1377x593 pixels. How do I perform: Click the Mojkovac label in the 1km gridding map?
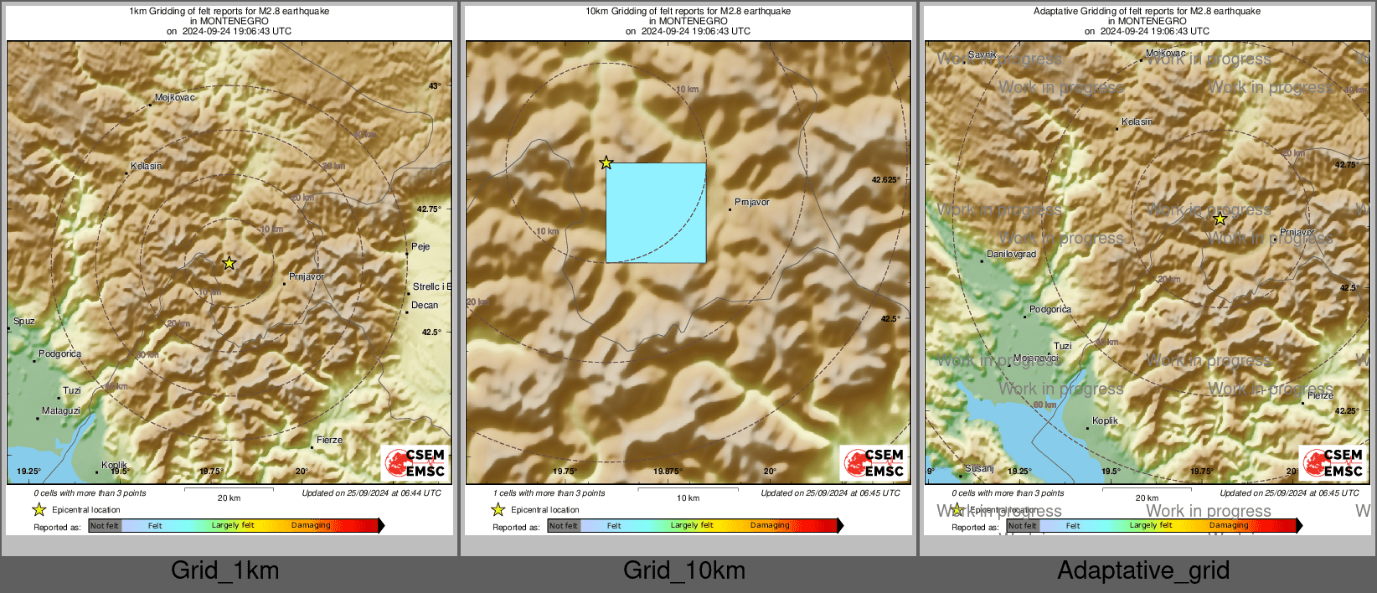(x=174, y=98)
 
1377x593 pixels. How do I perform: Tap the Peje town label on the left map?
(x=420, y=247)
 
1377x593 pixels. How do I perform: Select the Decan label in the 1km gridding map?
(x=425, y=306)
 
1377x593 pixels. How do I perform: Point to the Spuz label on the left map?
(x=24, y=322)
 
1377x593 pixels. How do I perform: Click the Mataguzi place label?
(x=61, y=411)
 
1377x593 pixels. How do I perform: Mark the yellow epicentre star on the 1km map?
(x=229, y=264)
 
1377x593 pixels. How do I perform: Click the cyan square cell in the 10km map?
(x=656, y=213)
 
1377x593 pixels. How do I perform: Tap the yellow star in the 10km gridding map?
(x=606, y=162)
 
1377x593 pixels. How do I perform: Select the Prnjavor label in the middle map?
(x=751, y=203)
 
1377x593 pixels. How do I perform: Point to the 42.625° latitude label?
(x=885, y=180)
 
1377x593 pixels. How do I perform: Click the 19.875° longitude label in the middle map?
(x=668, y=472)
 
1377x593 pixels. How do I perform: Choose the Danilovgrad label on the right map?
(x=1011, y=255)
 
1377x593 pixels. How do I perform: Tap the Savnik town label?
(x=982, y=55)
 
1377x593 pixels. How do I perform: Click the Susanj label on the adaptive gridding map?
(x=979, y=469)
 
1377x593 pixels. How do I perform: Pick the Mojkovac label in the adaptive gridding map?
(x=1165, y=54)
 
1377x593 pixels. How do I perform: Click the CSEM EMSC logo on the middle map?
(x=874, y=463)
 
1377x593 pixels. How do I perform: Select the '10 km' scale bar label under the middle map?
(x=688, y=498)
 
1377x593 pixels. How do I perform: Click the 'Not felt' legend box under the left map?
(x=105, y=526)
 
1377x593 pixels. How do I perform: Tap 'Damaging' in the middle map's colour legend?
(x=770, y=526)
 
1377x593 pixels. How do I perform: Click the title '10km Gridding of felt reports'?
(x=688, y=12)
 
